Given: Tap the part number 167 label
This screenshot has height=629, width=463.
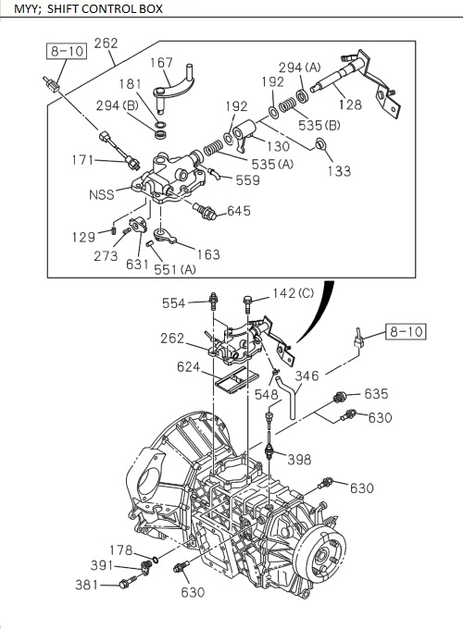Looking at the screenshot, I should click(162, 63).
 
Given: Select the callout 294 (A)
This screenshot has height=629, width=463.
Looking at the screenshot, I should click(299, 67).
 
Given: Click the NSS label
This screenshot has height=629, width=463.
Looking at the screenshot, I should click(102, 195).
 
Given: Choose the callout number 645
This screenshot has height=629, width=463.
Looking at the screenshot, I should click(238, 211).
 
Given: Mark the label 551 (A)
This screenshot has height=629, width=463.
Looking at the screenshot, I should click(175, 269).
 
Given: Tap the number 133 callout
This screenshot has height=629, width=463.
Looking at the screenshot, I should click(339, 171).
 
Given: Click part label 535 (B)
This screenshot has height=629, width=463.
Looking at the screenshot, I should click(319, 125).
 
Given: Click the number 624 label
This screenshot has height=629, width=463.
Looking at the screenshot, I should click(190, 366).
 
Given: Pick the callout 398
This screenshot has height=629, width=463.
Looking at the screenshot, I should click(298, 460).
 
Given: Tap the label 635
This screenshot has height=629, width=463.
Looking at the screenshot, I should click(376, 394).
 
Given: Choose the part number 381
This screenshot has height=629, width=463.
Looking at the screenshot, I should click(87, 584).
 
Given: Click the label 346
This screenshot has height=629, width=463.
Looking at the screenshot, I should click(307, 376).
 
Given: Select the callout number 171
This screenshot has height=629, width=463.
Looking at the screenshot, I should click(85, 160).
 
